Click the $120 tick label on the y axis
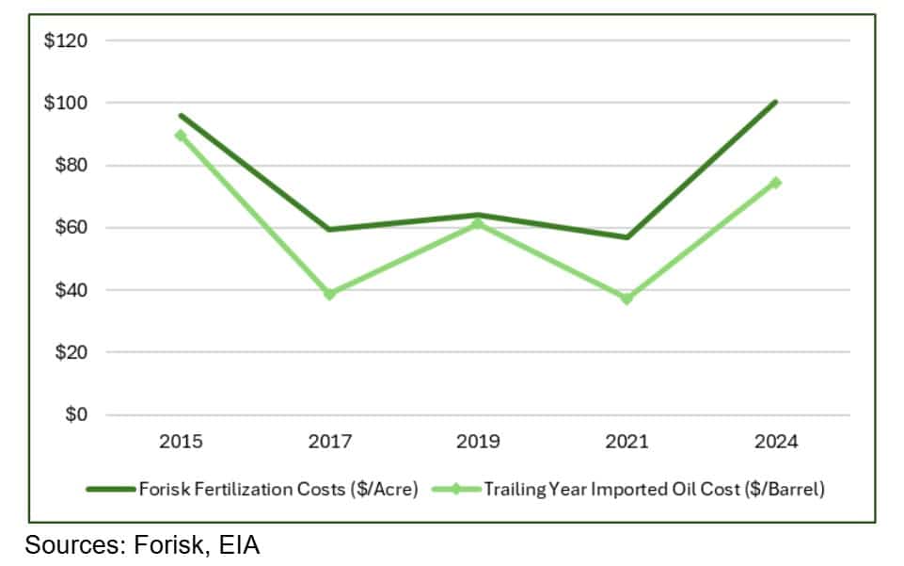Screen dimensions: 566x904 tap(66, 40)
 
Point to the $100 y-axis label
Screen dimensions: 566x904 tap(66, 103)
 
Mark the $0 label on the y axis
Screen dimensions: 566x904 tap(74, 414)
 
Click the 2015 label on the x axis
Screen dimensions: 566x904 tap(181, 442)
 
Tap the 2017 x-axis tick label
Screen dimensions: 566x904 tap(329, 442)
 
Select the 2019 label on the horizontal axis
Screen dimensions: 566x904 tap(478, 442)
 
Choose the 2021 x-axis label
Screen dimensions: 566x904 tap(626, 442)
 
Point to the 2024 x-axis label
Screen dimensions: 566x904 tap(775, 442)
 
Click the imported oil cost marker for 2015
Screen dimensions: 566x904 tap(181, 136)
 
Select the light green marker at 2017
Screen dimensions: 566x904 tap(329, 295)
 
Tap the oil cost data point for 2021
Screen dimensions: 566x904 tap(626, 299)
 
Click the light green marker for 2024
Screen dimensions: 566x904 tap(775, 183)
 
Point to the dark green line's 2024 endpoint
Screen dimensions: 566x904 tap(775, 102)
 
